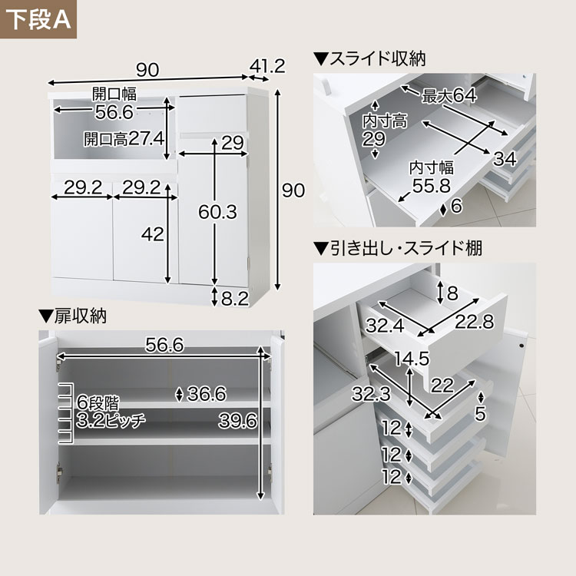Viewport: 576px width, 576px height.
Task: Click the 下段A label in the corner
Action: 38,19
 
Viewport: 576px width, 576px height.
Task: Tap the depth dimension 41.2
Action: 267,66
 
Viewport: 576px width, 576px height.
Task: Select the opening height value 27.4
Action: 146,139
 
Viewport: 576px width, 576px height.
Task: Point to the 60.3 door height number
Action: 218,212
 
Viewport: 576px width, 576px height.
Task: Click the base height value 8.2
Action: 235,299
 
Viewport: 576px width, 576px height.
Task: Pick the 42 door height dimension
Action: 153,234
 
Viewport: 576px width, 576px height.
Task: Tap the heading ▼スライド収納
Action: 369,59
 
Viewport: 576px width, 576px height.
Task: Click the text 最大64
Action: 449,95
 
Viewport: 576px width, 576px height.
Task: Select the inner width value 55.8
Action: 432,186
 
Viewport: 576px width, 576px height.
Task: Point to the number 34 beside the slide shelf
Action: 505,159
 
